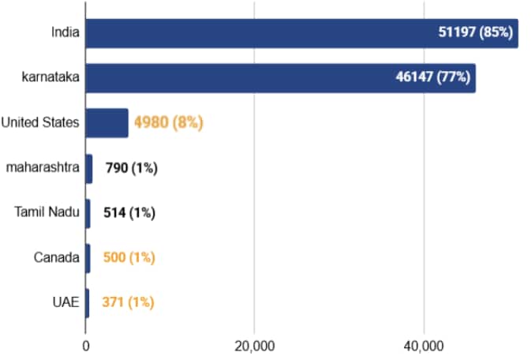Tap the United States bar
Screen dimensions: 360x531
(107, 122)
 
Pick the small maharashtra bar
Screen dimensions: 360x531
(89, 168)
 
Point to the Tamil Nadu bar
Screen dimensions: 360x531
(88, 212)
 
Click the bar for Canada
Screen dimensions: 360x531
(88, 257)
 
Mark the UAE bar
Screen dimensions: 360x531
(88, 302)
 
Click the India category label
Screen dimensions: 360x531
(65, 32)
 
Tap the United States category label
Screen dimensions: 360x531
(40, 122)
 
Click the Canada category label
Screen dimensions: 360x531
(57, 257)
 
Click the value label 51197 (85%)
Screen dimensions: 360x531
(476, 33)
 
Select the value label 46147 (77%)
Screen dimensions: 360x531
(433, 77)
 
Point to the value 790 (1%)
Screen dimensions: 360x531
(131, 168)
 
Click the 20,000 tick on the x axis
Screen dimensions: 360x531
(254, 345)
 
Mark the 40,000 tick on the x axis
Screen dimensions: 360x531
(424, 345)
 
